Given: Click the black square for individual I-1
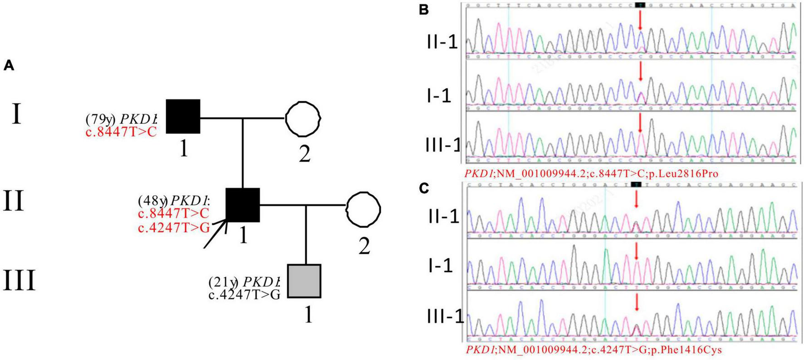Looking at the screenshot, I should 183,116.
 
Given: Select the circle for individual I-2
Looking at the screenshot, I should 304,118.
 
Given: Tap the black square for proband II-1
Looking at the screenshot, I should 243,205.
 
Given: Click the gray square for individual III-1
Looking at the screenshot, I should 304,281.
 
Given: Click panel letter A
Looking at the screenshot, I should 9,66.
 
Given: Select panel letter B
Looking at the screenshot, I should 423,10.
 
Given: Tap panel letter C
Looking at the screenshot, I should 423,188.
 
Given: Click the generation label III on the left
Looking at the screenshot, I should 19,281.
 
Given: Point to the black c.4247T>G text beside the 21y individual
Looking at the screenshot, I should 245,295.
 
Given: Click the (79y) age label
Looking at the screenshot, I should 101,119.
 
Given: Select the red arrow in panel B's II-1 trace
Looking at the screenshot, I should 640,20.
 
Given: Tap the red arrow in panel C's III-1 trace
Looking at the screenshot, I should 637,302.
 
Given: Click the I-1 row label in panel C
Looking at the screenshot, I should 440,266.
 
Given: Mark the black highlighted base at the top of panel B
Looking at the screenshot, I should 640,5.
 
